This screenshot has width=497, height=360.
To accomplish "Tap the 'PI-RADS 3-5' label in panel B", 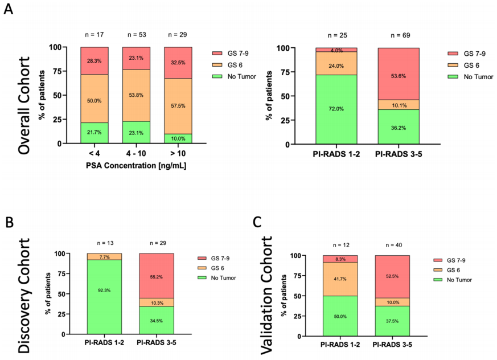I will tap(157, 343).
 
